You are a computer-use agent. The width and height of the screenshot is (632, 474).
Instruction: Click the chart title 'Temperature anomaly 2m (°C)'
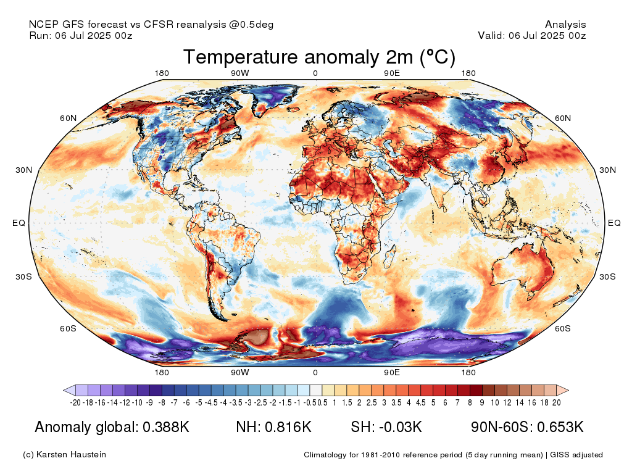click(319, 57)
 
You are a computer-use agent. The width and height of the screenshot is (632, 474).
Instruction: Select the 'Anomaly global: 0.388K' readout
click(112, 427)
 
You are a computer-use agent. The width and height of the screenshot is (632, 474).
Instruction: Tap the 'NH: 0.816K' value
click(273, 427)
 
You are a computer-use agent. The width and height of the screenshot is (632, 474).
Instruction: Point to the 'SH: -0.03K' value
click(386, 427)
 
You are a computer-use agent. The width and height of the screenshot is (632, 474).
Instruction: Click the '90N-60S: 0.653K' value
click(527, 427)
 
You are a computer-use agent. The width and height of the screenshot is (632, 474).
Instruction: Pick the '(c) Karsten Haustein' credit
click(64, 455)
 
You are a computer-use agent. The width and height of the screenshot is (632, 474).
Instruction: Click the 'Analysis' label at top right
click(565, 25)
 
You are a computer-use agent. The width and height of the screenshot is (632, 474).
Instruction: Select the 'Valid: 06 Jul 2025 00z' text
click(532, 36)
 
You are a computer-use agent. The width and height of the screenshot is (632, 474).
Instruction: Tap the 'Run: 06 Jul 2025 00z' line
click(81, 36)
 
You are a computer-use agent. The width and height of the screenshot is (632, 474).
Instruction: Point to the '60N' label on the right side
click(563, 118)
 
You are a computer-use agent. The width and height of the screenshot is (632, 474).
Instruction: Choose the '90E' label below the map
click(392, 373)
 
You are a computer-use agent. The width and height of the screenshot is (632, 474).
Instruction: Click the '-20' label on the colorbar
click(76, 402)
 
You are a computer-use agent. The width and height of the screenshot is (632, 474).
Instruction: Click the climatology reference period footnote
click(453, 455)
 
